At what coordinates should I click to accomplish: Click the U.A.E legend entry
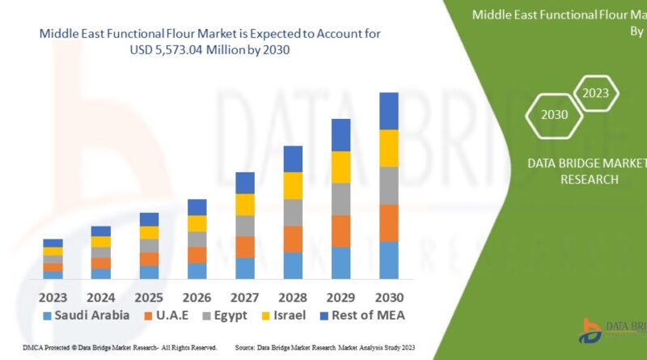167,315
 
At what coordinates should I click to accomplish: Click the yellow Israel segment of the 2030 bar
389,148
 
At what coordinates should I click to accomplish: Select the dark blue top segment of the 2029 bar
341,135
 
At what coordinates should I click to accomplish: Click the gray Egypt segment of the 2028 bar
293,213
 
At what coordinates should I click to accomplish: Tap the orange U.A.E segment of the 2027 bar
245,247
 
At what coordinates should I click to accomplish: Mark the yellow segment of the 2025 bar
150,233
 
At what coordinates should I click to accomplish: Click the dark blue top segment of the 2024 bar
101,231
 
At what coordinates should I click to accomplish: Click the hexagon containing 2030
554,114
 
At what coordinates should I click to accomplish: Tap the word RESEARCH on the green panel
589,179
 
